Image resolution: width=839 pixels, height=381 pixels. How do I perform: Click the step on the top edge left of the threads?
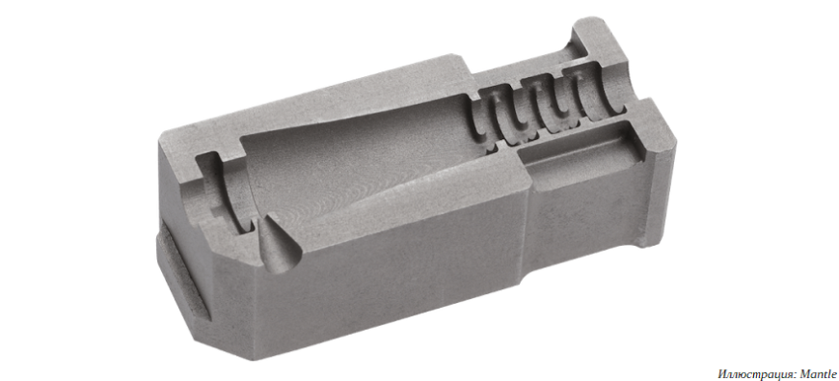473,68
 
